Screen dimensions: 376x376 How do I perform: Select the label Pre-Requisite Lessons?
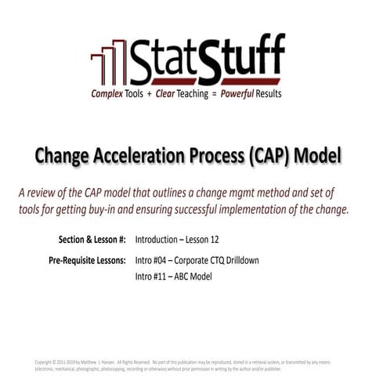(x=87, y=259)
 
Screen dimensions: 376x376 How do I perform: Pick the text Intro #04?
(x=150, y=260)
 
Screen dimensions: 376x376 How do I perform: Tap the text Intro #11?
(x=150, y=277)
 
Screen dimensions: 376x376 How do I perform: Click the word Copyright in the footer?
(x=45, y=361)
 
